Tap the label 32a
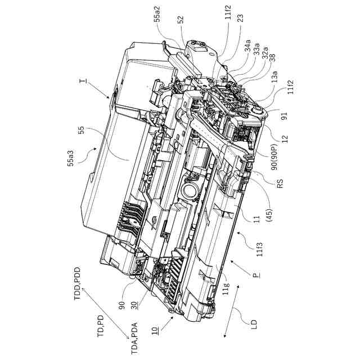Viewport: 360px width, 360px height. click(264, 56)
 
